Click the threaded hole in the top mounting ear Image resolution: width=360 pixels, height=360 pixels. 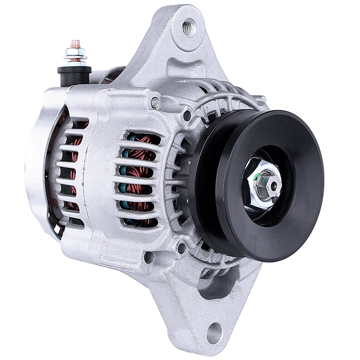[x=188, y=27]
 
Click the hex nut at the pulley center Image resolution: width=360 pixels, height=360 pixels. [x=263, y=185]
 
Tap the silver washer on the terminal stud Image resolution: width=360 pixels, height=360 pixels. [x=75, y=56]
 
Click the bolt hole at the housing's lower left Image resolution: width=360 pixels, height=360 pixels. [x=148, y=257]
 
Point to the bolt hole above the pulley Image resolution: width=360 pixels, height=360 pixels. [x=187, y=116]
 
